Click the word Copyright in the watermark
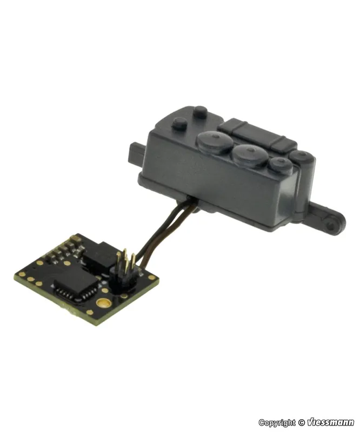click(277, 423)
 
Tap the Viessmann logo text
click(330, 422)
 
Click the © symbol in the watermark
click(302, 422)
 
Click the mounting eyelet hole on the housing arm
click(330, 226)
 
